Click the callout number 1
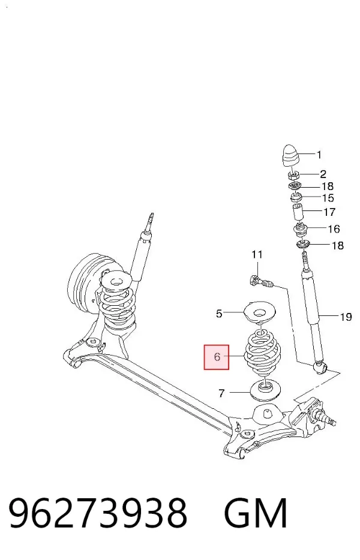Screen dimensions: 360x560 point(319,155)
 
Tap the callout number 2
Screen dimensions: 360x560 point(323,174)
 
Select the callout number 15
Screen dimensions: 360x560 point(328,198)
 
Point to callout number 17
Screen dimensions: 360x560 point(329,212)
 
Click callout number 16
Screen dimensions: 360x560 point(334,229)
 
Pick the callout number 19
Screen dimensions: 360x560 point(346,317)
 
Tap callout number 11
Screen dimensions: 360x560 point(257,255)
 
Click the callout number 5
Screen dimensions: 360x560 point(219,314)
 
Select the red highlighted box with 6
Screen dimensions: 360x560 point(217,357)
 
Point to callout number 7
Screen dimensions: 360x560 point(221,393)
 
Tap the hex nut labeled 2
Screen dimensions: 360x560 point(293,175)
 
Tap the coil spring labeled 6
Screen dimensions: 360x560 point(262,354)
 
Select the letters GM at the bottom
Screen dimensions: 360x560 point(255,513)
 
